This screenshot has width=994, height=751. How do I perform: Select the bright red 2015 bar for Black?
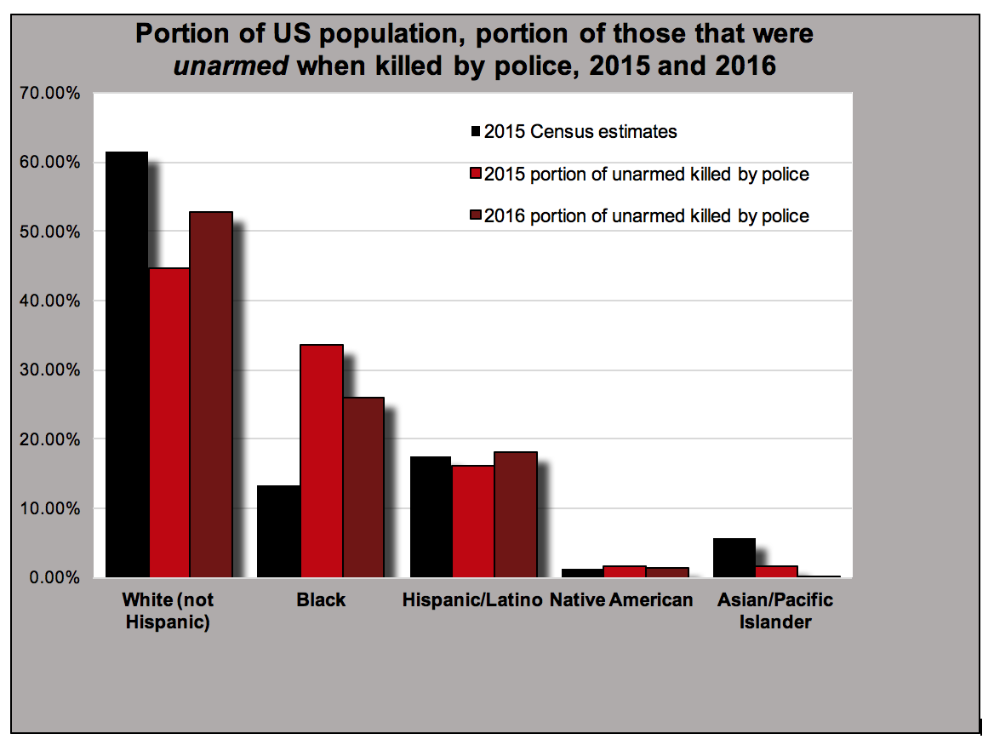322,461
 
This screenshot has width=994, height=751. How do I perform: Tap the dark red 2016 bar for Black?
363,487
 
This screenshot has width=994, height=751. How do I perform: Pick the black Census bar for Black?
279,531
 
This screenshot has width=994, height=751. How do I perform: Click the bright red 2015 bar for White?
169,422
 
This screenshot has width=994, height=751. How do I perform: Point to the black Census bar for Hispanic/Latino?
431,517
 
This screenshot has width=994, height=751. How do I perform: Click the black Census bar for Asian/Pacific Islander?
734,558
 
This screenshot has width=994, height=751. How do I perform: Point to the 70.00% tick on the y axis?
49,93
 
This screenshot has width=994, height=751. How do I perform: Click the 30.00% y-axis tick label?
49,370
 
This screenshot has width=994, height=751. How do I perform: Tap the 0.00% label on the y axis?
53,578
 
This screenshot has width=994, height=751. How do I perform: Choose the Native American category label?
621,600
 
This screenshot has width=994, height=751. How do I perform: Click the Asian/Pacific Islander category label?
774,611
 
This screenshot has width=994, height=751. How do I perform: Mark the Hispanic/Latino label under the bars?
472,600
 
